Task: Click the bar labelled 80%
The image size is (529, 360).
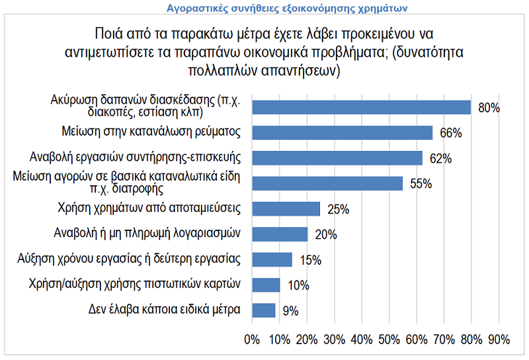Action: click(x=361, y=107)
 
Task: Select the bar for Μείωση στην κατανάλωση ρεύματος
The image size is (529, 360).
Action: click(x=342, y=132)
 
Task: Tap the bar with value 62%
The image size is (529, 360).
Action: click(x=337, y=157)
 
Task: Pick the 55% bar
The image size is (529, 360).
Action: click(x=327, y=183)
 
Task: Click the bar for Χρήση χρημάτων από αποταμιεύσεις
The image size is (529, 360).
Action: click(x=286, y=208)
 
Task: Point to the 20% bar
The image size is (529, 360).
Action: click(x=279, y=234)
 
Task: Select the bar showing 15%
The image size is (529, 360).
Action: click(x=272, y=259)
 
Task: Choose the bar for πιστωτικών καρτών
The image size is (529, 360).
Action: click(x=265, y=285)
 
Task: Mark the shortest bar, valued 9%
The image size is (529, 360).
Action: click(x=264, y=310)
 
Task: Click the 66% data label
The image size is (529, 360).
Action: click(x=450, y=133)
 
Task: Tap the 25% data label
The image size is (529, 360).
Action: click(x=338, y=209)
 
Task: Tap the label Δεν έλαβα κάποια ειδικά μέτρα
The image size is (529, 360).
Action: click(x=164, y=310)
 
